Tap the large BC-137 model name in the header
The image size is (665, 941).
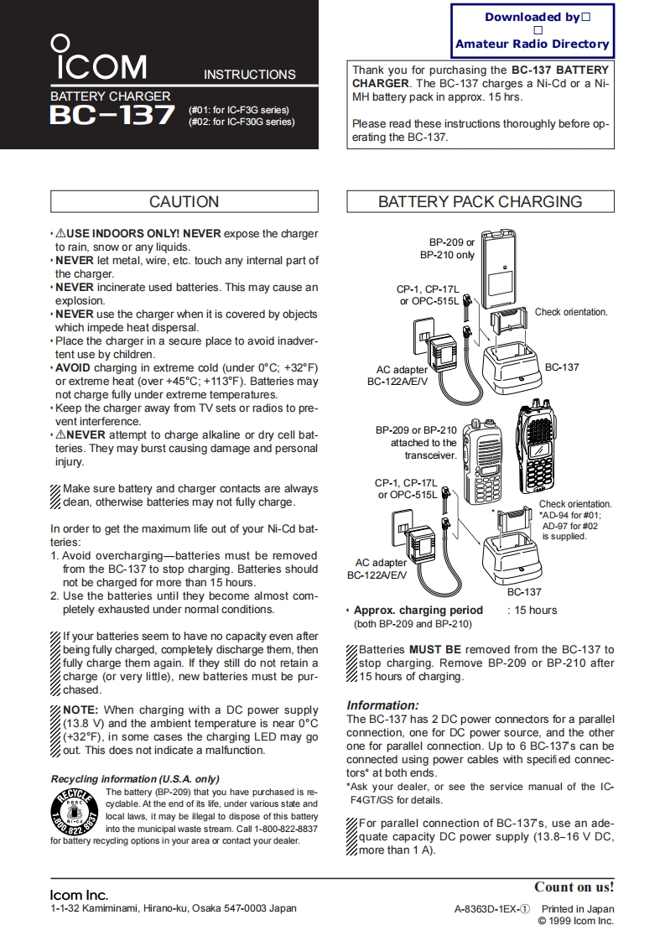[x=112, y=115]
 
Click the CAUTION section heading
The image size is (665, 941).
[x=184, y=201]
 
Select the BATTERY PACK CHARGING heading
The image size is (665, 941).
[x=480, y=201]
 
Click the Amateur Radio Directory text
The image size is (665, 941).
[x=532, y=44]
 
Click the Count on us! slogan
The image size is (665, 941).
[x=574, y=886]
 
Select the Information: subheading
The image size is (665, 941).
[x=382, y=705]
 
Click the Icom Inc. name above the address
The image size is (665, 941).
[x=79, y=895]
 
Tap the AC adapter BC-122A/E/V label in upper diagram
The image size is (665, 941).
[x=397, y=375]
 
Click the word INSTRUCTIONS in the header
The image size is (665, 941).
[x=249, y=75]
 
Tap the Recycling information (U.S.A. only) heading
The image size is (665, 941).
[x=135, y=778]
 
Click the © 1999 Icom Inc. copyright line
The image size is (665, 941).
[x=575, y=921]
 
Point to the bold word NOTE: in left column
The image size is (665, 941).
[x=81, y=710]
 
